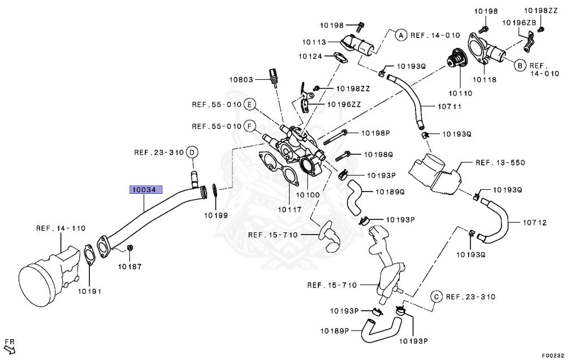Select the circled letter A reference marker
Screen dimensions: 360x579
coord(399,35)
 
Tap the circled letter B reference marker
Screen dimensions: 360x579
coord(519,66)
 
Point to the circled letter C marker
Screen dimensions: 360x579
coord(436,297)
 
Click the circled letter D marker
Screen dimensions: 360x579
coord(192,152)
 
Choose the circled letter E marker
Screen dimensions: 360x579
coord(249,105)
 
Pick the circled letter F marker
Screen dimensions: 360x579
coord(249,126)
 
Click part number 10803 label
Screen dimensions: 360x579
coord(241,80)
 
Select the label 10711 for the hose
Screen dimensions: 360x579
coord(450,106)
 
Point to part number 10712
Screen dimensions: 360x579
coord(534,223)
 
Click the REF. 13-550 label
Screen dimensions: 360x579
coord(500,163)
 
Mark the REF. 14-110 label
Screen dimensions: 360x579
coord(61,228)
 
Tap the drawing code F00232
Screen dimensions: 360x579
coord(552,355)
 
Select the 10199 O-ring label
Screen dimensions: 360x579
coord(216,215)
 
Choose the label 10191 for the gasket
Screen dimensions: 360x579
coord(89,292)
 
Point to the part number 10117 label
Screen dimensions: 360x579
coord(289,210)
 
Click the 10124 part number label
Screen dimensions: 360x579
coord(310,56)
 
